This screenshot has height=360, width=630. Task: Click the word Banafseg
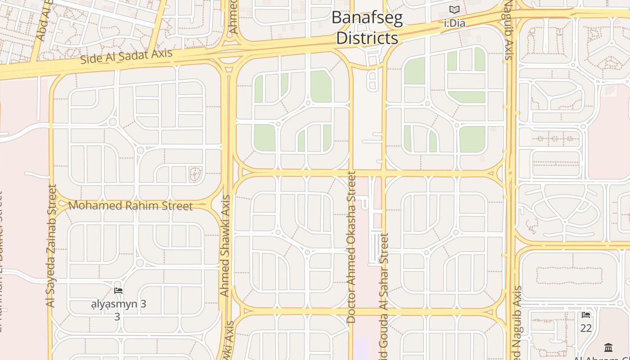click(367, 18)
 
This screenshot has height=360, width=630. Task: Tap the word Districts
click(367, 38)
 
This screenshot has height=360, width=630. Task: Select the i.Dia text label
click(454, 23)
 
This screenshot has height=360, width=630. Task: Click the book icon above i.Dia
click(454, 9)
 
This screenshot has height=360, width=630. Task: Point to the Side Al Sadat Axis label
click(126, 56)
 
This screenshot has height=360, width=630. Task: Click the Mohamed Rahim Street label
click(130, 206)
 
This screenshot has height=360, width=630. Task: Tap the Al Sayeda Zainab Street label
click(51, 246)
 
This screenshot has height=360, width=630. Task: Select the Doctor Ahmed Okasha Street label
click(351, 247)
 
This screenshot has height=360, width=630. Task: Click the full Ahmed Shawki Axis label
click(225, 245)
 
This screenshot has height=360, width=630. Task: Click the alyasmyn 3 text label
click(119, 304)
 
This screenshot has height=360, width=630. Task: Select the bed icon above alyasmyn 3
click(118, 291)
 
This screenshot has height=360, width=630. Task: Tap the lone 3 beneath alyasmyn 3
click(117, 317)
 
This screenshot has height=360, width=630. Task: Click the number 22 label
click(586, 328)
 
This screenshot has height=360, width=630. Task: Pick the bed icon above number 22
click(586, 315)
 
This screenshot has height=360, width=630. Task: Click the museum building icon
click(609, 347)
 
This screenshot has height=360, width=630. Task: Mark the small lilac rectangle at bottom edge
click(361, 349)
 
